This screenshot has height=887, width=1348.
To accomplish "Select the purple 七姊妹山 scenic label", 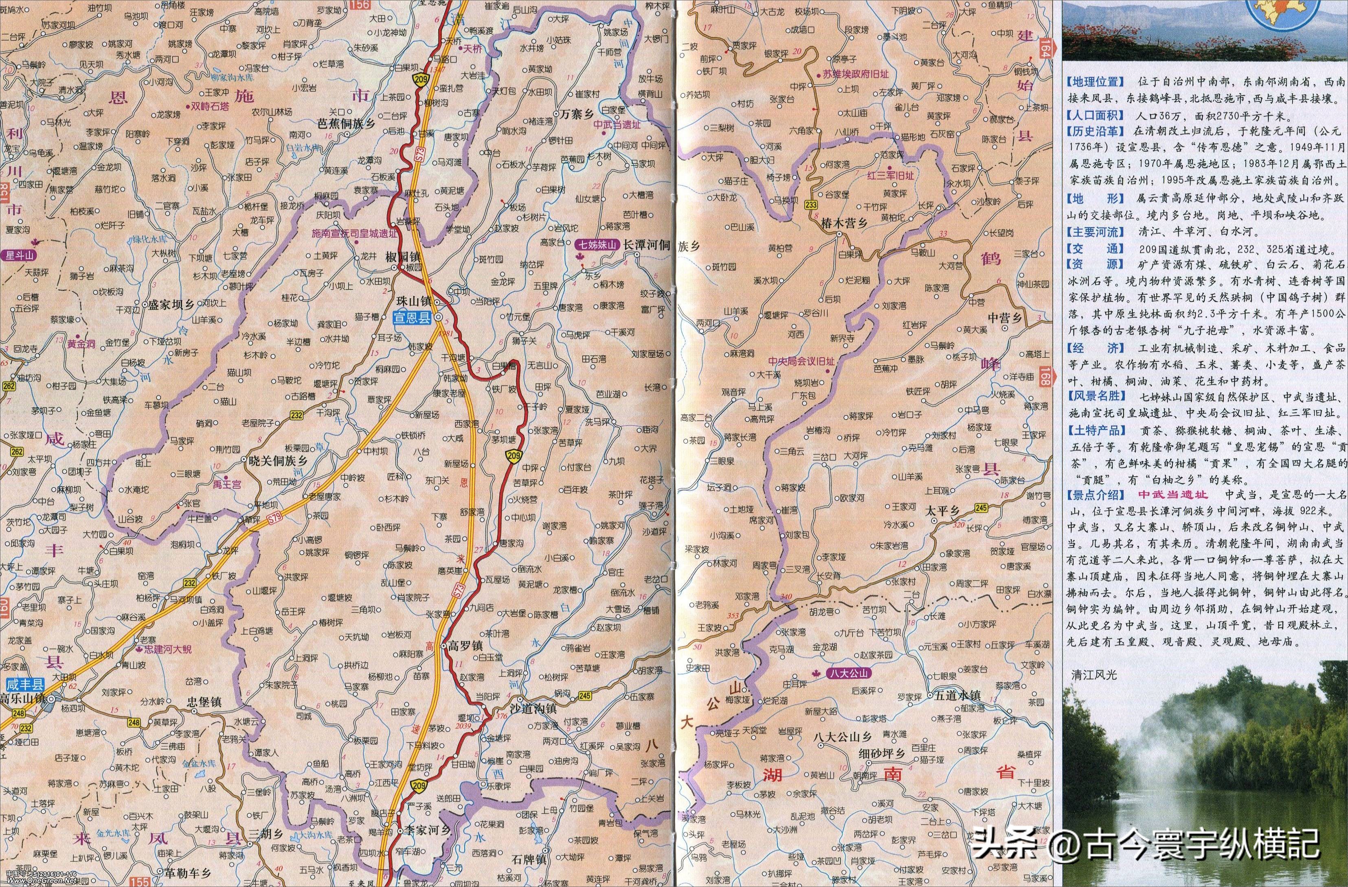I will [596, 245].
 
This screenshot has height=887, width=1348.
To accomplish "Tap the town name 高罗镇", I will [465, 646].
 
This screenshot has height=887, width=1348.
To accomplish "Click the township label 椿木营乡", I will [844, 224].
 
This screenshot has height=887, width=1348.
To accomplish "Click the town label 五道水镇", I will [961, 695].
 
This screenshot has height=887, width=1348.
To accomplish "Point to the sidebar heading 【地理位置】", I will [1093, 82].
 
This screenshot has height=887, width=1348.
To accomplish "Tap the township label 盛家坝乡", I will [171, 305].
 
